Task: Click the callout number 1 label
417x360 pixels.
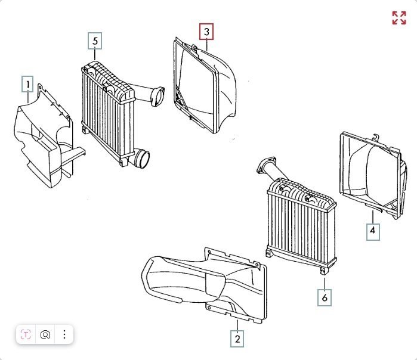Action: click(27, 84)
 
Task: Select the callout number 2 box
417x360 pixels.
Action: click(237, 339)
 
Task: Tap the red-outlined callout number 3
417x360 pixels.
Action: click(206, 30)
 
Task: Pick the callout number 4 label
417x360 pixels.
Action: click(372, 231)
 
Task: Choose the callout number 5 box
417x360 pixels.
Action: click(95, 41)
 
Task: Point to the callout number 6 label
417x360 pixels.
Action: click(325, 297)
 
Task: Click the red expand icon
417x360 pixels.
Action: click(399, 18)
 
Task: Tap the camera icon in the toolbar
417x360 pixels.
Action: click(45, 334)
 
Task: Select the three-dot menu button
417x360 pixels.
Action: click(64, 334)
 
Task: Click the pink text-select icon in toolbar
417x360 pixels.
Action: click(26, 334)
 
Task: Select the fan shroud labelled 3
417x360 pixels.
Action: click(206, 83)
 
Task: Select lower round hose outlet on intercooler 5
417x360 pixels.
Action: click(143, 159)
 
